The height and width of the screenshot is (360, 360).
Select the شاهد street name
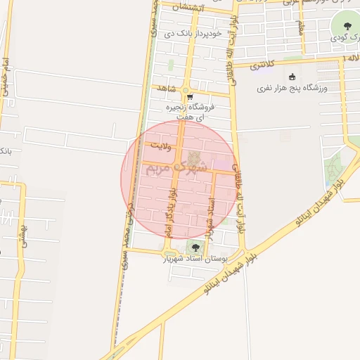coord(166,88)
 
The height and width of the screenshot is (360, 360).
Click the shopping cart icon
coord(189,98)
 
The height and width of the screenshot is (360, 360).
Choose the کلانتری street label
coord(259,65)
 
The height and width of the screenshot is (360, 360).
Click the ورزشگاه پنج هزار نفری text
coord(288,89)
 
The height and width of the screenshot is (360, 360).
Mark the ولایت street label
coord(161,143)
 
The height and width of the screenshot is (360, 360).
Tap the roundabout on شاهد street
coord(187,89)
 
